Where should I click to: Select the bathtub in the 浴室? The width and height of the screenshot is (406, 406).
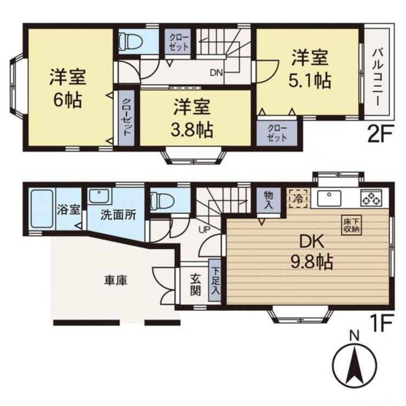[42, 209]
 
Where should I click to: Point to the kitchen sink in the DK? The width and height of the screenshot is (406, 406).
[329, 198]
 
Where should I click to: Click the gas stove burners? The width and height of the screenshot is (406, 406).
[371, 198]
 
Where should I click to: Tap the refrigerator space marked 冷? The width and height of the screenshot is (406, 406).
[298, 199]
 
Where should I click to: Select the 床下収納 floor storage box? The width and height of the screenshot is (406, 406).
[351, 225]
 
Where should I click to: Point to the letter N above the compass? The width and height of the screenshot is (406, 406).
[355, 336]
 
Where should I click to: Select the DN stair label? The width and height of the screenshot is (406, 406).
[216, 73]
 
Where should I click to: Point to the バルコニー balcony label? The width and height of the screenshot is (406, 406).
[377, 77]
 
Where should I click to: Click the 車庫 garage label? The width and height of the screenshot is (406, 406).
[116, 281]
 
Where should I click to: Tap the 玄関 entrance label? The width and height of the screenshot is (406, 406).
[196, 285]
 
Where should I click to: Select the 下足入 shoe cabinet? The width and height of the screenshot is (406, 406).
[215, 280]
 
